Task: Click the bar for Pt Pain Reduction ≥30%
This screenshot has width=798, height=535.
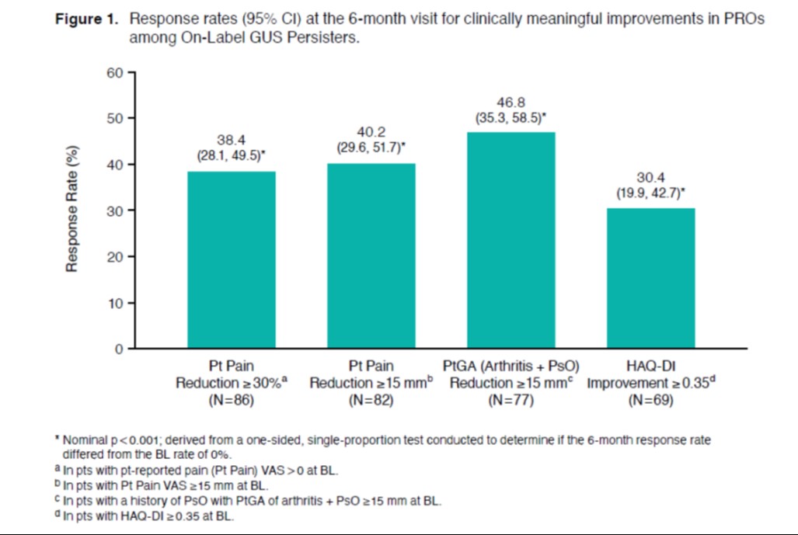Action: (232, 260)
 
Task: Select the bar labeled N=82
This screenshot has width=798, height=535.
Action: (371, 256)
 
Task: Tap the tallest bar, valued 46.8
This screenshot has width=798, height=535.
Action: (511, 241)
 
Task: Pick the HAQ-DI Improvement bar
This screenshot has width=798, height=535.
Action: (650, 279)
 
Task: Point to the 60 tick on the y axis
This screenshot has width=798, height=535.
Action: (116, 73)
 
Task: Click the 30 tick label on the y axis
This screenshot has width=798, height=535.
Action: (116, 211)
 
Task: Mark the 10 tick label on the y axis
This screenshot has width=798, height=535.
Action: (116, 304)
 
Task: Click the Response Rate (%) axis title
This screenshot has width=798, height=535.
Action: (71, 210)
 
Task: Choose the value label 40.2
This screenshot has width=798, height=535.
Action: (371, 131)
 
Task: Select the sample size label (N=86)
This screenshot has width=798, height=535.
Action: (231, 401)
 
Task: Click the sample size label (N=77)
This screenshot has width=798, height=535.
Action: (510, 401)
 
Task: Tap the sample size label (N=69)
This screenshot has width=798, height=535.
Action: (650, 401)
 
